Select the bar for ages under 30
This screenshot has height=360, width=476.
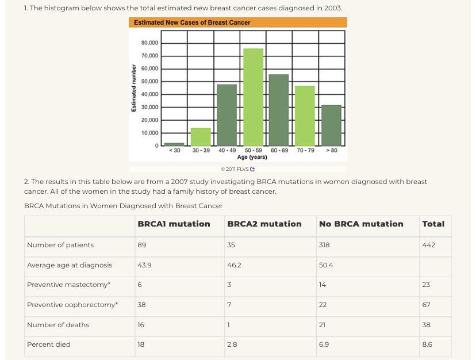[x=174, y=144]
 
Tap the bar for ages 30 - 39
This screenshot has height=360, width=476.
[x=201, y=137]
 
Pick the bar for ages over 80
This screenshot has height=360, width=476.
[x=331, y=125]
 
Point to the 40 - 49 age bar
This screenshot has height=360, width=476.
[x=227, y=115]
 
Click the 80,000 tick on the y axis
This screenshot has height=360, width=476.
[x=149, y=43]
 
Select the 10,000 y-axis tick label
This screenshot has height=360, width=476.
[x=149, y=133]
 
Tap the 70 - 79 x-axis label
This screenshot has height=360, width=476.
[x=305, y=151]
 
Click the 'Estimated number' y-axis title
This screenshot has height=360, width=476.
[x=134, y=88]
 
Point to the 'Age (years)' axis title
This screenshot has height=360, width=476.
[x=252, y=157]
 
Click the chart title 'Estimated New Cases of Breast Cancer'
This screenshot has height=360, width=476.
[x=192, y=22]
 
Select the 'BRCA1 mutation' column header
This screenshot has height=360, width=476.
[x=174, y=224]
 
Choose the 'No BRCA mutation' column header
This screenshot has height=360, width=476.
[x=361, y=224]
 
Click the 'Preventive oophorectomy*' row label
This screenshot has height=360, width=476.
[x=72, y=305]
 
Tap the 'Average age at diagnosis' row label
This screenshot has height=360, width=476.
[x=70, y=265]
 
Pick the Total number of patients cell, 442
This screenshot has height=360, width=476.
[x=428, y=245]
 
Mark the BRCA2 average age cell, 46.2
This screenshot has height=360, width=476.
[x=234, y=265]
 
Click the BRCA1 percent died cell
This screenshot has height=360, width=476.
[x=141, y=344]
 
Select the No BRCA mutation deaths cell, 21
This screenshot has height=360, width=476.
[x=322, y=325]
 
